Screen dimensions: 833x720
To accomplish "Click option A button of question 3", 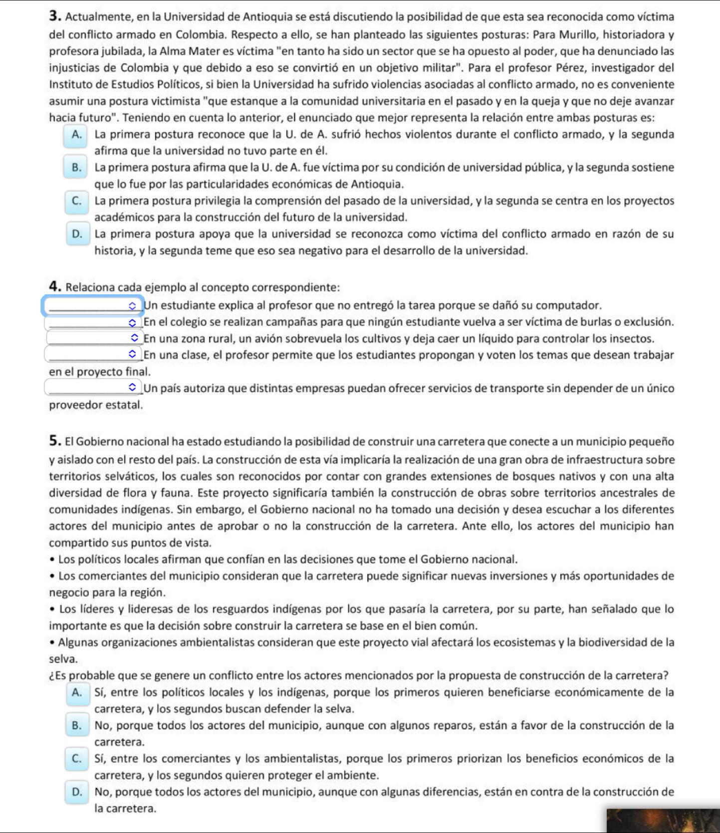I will [76, 135].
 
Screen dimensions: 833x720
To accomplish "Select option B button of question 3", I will [76, 168].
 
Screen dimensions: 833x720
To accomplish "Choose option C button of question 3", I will [77, 202].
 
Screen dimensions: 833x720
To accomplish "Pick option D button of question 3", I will [77, 234].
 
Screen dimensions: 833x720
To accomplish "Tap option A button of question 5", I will [77, 693].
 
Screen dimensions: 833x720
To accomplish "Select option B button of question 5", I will [77, 726].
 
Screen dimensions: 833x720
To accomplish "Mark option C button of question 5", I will [77, 759].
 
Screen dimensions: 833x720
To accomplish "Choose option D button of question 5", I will [77, 792].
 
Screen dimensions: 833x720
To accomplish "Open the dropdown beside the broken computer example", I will [93, 306].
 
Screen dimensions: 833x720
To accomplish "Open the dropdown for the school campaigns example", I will [93, 323].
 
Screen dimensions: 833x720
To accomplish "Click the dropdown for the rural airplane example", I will [94, 339].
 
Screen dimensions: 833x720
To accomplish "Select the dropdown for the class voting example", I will [93, 355].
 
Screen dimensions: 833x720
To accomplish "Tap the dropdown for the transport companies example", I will [93, 388].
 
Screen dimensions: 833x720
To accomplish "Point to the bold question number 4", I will [55, 287].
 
